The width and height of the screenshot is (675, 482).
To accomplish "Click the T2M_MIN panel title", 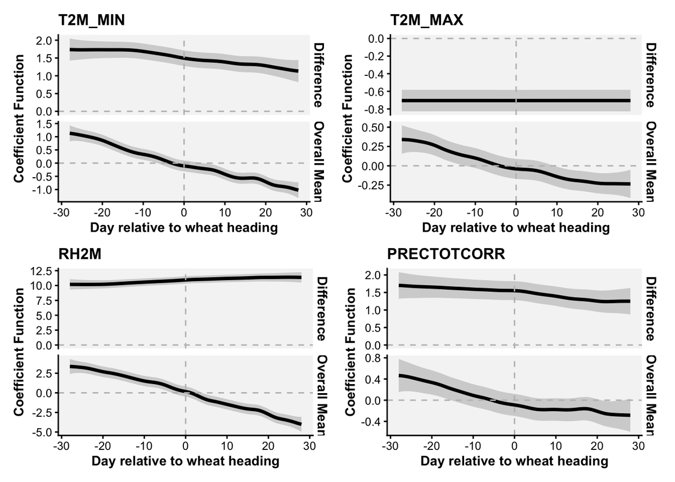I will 92,20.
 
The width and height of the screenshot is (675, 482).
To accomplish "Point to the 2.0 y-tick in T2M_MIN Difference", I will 43,40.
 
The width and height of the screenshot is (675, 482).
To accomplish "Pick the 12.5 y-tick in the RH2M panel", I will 40,271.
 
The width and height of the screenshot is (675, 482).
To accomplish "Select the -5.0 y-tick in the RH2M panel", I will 40,432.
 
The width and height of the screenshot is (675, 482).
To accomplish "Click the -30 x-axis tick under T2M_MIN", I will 58,214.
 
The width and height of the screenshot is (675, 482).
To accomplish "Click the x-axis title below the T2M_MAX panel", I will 516,228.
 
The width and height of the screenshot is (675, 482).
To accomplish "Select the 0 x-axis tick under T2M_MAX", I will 515,214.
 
